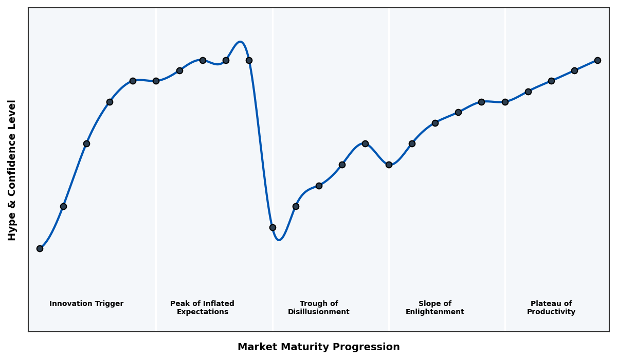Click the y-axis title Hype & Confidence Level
click(x=12, y=170)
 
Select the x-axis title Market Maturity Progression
click(x=318, y=347)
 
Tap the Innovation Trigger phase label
click(x=86, y=304)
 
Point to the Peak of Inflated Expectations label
click(x=202, y=308)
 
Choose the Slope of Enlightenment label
click(x=434, y=308)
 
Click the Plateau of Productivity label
click(x=551, y=308)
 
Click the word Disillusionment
click(x=318, y=312)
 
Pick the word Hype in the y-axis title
click(x=12, y=228)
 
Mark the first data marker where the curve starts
click(x=40, y=248)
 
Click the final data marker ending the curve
click(x=597, y=60)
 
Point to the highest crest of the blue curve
click(x=240, y=42)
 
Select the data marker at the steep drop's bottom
click(x=273, y=227)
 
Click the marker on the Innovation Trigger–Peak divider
click(x=156, y=81)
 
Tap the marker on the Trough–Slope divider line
click(x=389, y=165)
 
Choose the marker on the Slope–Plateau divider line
click(x=505, y=102)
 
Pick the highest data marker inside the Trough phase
click(x=365, y=143)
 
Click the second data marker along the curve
click(x=63, y=206)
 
